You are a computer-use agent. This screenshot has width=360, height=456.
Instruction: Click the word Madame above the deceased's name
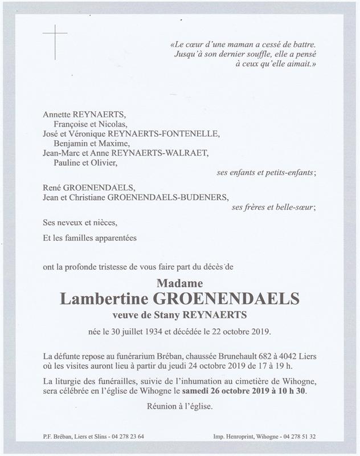tap(179, 283)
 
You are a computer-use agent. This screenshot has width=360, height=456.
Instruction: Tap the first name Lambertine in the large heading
tap(105, 299)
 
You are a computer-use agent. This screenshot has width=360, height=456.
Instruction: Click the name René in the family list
tap(52, 188)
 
